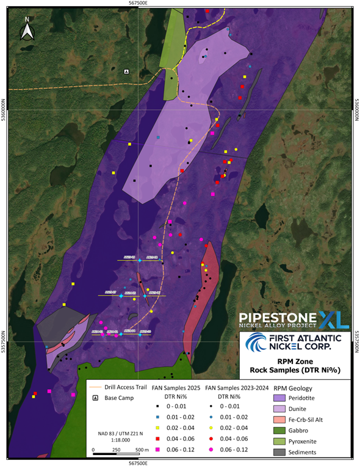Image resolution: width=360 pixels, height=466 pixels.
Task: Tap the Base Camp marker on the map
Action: click(127, 71)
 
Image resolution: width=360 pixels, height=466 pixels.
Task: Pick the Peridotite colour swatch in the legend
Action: click(278, 398)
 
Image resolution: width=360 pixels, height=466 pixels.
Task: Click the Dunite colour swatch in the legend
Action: click(278, 408)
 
